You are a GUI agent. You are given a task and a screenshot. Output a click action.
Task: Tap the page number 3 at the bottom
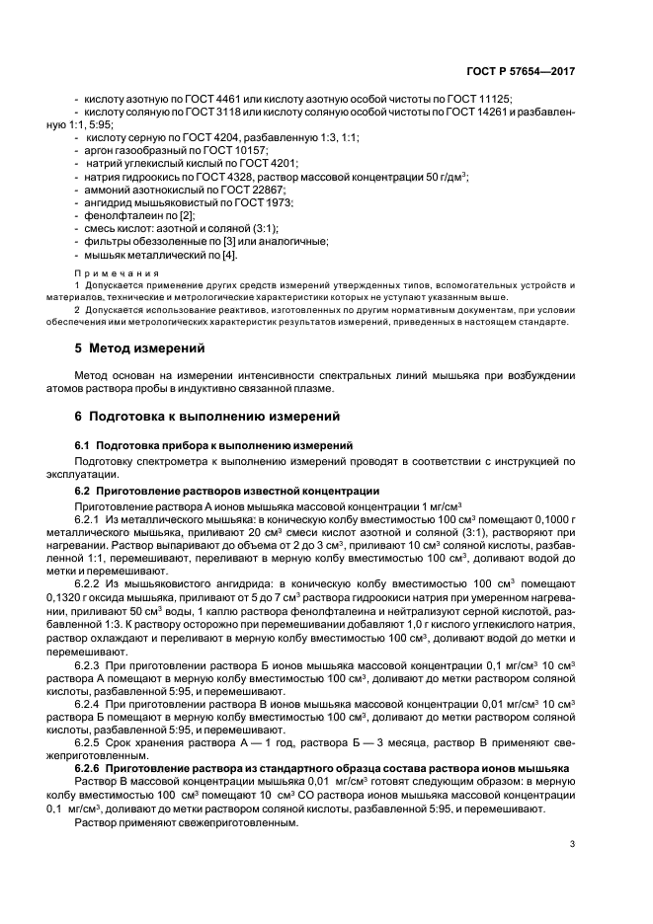coord(571,842)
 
